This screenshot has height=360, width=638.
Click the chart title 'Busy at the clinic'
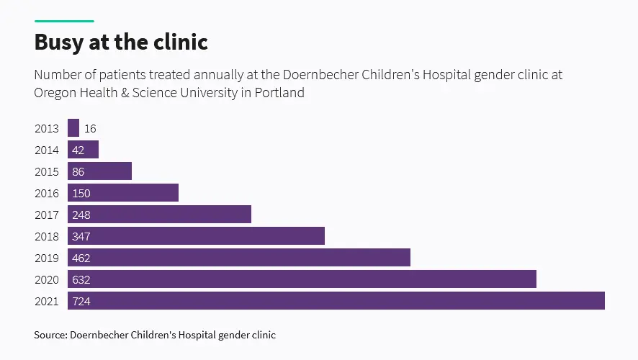(x=121, y=42)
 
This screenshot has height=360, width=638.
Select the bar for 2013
(x=73, y=128)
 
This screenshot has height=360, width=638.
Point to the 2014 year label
(x=47, y=150)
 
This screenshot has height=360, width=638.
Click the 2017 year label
(x=47, y=215)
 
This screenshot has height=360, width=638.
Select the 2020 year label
(x=47, y=279)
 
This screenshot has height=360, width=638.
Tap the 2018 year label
(x=47, y=236)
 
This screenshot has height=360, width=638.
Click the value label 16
(x=90, y=129)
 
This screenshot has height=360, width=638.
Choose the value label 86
(x=79, y=172)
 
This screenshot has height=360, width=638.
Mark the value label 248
(x=81, y=215)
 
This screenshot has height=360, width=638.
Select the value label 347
(x=81, y=237)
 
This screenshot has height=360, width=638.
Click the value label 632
(x=81, y=280)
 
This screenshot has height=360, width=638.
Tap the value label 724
(x=81, y=302)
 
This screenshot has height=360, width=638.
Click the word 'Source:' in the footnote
(x=50, y=335)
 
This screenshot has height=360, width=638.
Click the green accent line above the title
(x=64, y=21)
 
